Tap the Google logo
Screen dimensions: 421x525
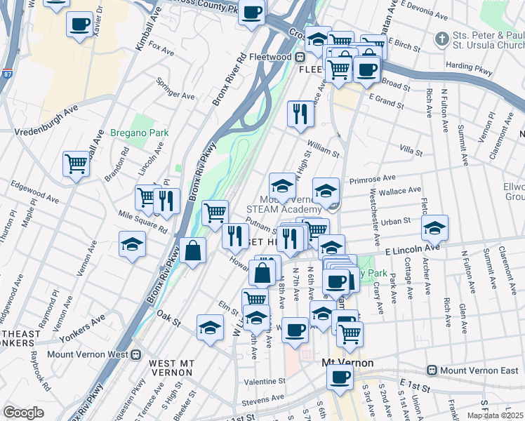point(23,413)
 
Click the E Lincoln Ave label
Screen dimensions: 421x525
point(411,248)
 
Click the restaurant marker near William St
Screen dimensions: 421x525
point(300,112)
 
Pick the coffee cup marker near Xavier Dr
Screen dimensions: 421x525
point(79,24)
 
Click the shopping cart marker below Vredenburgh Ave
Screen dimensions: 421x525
point(76,163)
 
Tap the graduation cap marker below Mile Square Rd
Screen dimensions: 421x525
point(132,243)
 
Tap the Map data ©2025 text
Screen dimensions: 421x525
point(493,415)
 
